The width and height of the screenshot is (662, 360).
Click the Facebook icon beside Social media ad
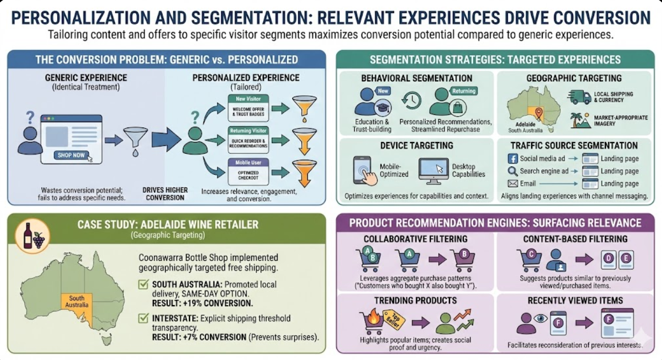click(x=512, y=159)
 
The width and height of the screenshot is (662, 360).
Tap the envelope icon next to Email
click(x=512, y=183)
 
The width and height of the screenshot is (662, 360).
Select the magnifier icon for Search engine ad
click(x=512, y=171)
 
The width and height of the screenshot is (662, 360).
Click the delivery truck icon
click(x=579, y=97)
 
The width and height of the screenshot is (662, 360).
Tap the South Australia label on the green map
click(x=76, y=301)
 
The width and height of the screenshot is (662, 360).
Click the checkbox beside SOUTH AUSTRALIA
click(x=143, y=285)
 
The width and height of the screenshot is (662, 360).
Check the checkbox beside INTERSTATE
click(x=143, y=319)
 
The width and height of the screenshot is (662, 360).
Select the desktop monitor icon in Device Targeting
click(x=433, y=169)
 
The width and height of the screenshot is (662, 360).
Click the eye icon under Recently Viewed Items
click(x=540, y=318)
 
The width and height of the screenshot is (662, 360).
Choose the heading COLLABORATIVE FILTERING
click(x=415, y=239)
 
